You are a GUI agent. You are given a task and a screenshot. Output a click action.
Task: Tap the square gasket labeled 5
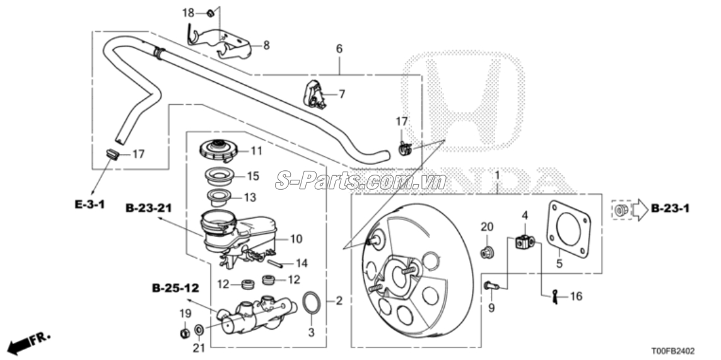click(570, 231)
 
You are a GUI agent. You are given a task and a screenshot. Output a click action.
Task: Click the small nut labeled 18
click(209, 13)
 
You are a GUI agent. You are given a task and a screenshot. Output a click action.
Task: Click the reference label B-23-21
click(149, 207)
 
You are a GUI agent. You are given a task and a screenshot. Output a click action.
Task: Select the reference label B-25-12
click(175, 288)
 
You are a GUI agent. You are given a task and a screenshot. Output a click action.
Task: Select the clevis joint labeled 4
click(524, 241)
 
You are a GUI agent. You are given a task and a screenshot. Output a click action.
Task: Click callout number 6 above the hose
click(339, 49)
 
